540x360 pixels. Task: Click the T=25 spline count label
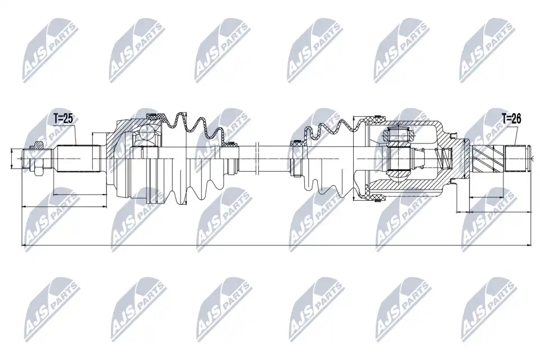tap(64, 119)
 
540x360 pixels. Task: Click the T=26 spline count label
tap(511, 119)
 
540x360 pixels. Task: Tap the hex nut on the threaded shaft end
tap(36, 159)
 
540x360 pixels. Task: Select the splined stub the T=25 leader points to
tap(79, 159)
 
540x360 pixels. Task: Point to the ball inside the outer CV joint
tap(148, 132)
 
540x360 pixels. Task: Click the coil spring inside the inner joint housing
tap(444, 158)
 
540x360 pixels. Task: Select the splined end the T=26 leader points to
tap(516, 159)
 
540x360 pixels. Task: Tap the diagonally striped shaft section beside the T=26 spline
tap(489, 159)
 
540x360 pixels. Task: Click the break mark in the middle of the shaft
tap(257, 159)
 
